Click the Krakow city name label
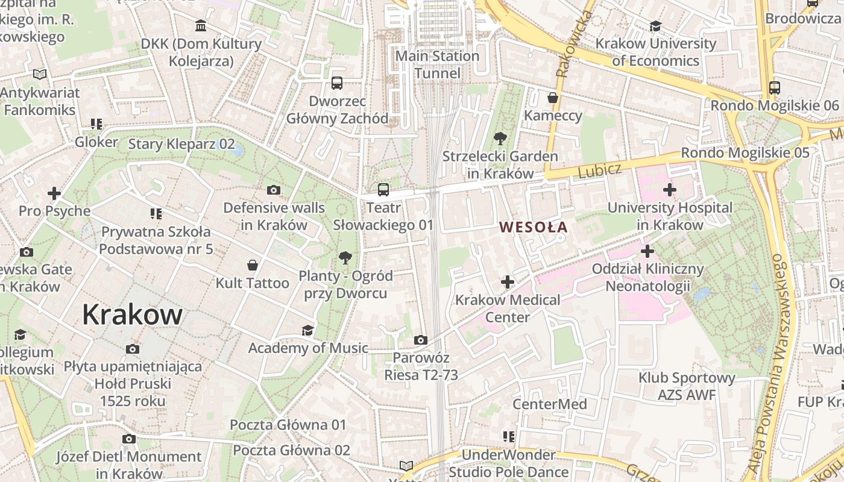pyautogui.click(x=132, y=315)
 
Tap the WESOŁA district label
pyautogui.click(x=534, y=227)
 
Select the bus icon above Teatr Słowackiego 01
pyautogui.click(x=383, y=190)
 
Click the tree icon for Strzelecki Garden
pyautogui.click(x=500, y=139)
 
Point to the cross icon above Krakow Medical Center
pyautogui.click(x=508, y=281)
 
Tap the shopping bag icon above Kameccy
pyautogui.click(x=552, y=98)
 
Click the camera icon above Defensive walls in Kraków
pyautogui.click(x=274, y=190)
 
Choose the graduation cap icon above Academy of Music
pyautogui.click(x=307, y=330)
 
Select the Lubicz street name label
pyautogui.click(x=599, y=171)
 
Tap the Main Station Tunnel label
pyautogui.click(x=437, y=64)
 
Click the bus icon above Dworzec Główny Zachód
pyautogui.click(x=337, y=83)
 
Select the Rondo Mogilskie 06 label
pyautogui.click(x=774, y=105)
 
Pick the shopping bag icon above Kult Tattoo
pyautogui.click(x=253, y=265)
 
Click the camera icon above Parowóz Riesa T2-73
pyautogui.click(x=421, y=340)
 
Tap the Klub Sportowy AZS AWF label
pyautogui.click(x=687, y=386)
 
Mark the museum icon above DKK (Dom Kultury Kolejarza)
pyautogui.click(x=201, y=26)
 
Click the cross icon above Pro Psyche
pyautogui.click(x=54, y=193)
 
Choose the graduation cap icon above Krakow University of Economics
pyautogui.click(x=655, y=26)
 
